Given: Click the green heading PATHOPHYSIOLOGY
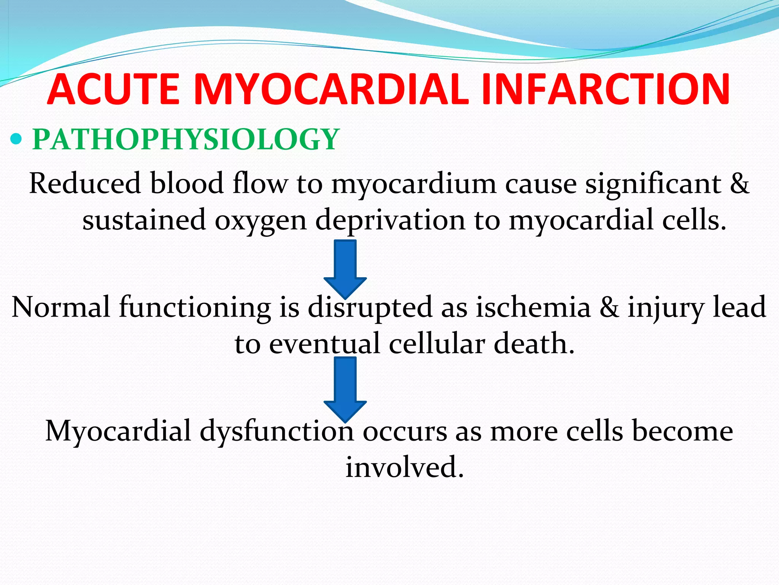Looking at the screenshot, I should pyautogui.click(x=185, y=139).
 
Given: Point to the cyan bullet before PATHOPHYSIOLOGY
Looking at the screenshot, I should pyautogui.click(x=16, y=140).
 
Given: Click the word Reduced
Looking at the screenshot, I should pyautogui.click(x=84, y=183).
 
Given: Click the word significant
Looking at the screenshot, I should pyautogui.click(x=653, y=183).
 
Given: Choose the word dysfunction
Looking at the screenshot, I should pyautogui.click(x=277, y=431).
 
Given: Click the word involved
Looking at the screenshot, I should pyautogui.click(x=405, y=467).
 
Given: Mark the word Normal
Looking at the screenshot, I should pyautogui.click(x=61, y=307).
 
